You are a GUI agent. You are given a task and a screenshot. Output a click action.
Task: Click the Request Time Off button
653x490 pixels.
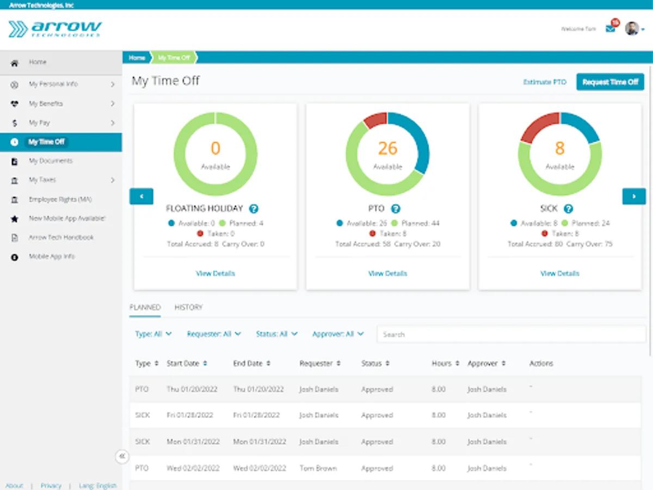(610, 82)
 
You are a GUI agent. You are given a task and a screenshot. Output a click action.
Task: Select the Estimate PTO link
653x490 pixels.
(545, 82)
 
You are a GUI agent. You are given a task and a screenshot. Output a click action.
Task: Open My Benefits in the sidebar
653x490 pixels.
(46, 103)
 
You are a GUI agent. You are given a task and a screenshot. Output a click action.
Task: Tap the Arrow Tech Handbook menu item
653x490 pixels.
(61, 237)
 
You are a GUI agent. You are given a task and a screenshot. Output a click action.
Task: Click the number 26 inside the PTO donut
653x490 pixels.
(387, 148)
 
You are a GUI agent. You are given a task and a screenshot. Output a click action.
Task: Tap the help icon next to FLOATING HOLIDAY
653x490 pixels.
(254, 209)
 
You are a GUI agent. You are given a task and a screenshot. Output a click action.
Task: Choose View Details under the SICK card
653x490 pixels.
(559, 273)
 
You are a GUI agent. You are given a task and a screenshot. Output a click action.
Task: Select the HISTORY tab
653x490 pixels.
(188, 308)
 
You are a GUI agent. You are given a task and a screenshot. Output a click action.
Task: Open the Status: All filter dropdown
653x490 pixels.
(276, 334)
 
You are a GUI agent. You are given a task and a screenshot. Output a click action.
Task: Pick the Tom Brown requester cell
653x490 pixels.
(318, 468)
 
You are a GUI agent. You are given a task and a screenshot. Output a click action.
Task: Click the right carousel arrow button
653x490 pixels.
(634, 196)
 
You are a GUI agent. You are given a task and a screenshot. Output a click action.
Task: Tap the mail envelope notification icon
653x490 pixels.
(611, 28)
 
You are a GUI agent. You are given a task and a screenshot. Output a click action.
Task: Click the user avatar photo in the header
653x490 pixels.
(631, 28)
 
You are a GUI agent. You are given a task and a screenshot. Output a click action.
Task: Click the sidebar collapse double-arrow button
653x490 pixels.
(122, 456)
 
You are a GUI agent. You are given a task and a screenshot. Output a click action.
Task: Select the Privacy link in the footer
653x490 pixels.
(51, 486)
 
